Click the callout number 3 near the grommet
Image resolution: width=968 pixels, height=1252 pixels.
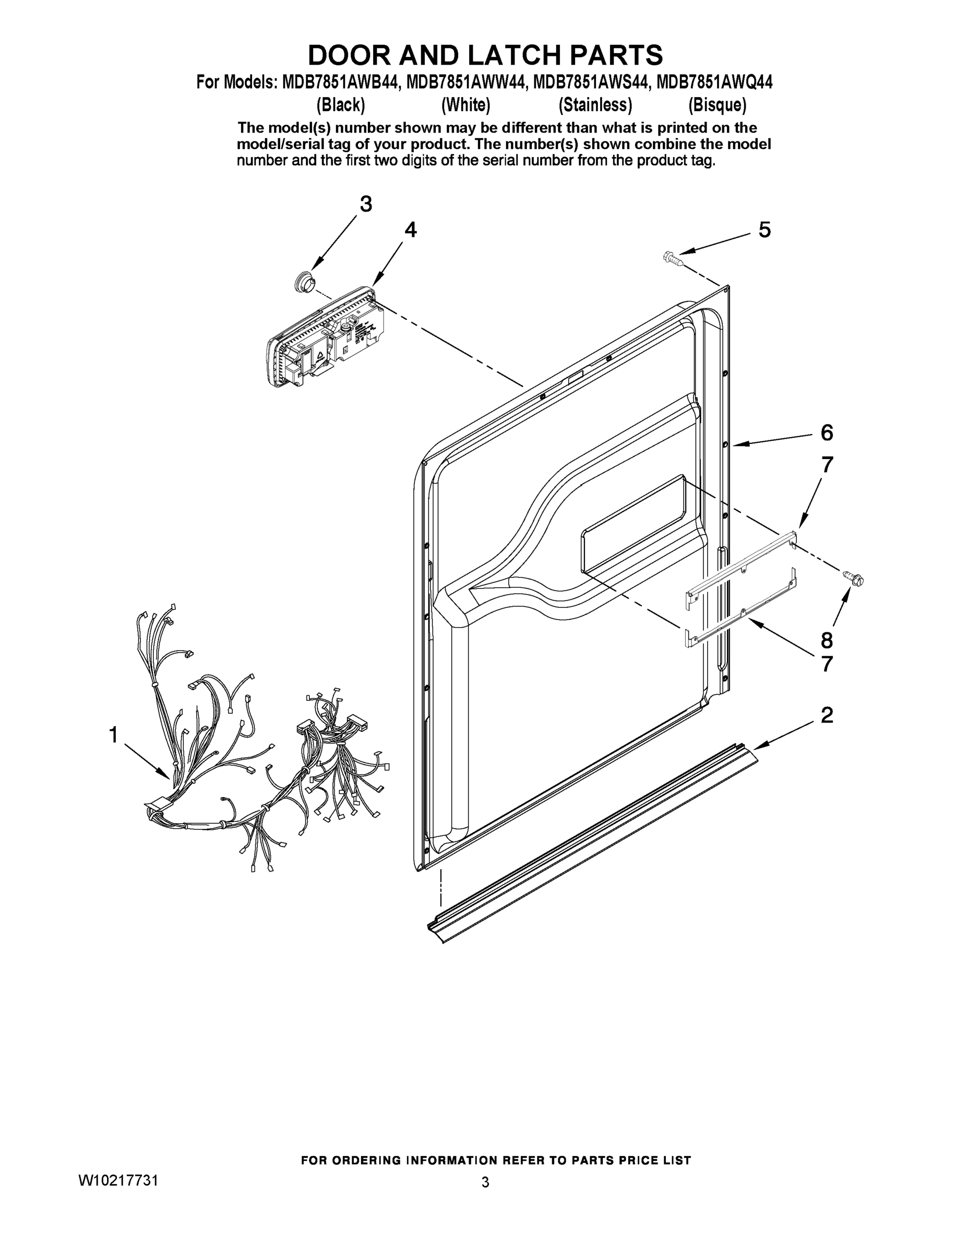click(x=366, y=204)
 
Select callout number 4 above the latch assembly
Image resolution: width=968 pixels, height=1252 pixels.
click(x=410, y=230)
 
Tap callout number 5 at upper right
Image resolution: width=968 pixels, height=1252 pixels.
click(x=764, y=230)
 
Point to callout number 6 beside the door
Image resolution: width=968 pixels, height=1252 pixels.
click(x=827, y=433)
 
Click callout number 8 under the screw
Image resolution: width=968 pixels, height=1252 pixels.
click(x=827, y=639)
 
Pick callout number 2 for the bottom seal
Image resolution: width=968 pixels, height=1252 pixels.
click(x=827, y=715)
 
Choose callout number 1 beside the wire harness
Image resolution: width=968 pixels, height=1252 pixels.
click(x=114, y=735)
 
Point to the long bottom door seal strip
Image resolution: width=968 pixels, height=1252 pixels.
click(x=591, y=842)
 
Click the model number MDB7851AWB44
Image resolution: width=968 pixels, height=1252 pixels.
click(x=340, y=82)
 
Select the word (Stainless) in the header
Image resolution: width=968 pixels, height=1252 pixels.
click(x=595, y=105)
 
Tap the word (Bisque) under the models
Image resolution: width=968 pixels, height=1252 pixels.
click(x=718, y=105)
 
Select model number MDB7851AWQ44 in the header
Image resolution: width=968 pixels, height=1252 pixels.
click(x=714, y=82)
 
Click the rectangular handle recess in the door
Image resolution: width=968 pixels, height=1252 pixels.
click(x=634, y=524)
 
